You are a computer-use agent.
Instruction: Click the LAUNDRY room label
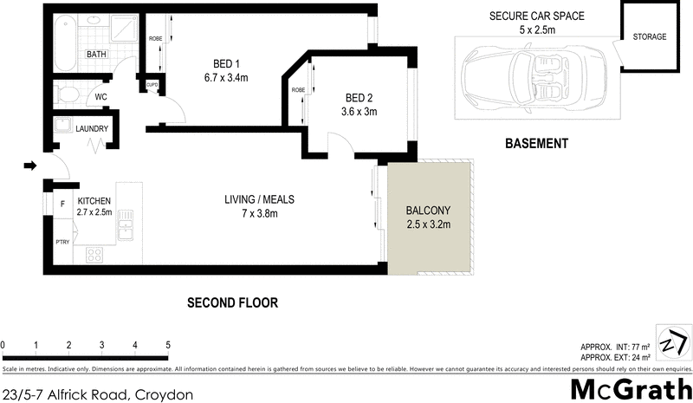(x=91, y=129)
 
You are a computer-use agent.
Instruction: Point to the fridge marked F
(x=62, y=204)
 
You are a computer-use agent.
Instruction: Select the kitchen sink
(x=126, y=229)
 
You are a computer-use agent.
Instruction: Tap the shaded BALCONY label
(x=429, y=211)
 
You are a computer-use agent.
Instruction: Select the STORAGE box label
(x=649, y=37)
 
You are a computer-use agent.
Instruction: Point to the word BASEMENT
(x=536, y=144)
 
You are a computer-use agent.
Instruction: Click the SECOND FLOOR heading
(x=233, y=302)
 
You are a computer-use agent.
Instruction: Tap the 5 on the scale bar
(x=168, y=345)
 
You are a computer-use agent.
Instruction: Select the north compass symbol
(x=673, y=341)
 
